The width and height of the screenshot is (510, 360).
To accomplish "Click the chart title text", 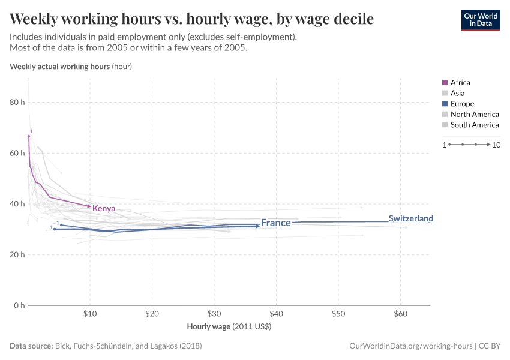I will [191, 19].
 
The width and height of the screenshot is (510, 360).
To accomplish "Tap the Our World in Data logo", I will [480, 20].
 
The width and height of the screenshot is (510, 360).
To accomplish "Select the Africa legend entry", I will [460, 82].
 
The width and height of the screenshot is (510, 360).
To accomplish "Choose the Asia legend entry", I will [457, 93].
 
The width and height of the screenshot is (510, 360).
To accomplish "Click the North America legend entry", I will [474, 114].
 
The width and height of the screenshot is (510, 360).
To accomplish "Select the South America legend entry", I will [474, 125].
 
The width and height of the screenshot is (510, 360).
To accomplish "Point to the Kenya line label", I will [104, 208].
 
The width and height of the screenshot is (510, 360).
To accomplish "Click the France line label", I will [275, 223].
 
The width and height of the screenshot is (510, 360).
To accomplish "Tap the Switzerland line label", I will [410, 218].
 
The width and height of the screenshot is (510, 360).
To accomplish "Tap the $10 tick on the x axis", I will [90, 314].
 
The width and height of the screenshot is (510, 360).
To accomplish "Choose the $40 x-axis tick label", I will [276, 314].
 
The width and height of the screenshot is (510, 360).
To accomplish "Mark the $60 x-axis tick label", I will [400, 314].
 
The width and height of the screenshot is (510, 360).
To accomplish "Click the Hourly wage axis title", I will [229, 327].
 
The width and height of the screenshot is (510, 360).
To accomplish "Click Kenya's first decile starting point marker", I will [28, 136].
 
